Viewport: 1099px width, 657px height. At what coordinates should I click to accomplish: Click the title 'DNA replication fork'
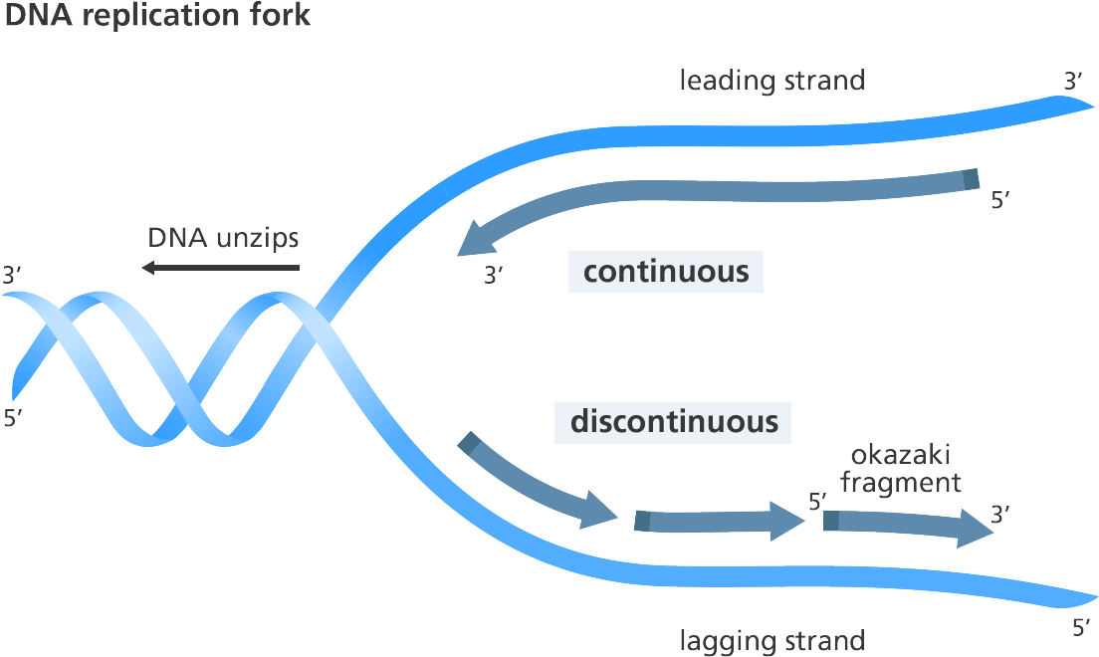coord(157,15)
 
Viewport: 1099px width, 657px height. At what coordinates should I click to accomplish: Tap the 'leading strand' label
coord(772,80)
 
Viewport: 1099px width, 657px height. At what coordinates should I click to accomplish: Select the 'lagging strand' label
coord(772,641)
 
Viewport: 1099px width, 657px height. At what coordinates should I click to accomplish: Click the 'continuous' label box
coord(665,272)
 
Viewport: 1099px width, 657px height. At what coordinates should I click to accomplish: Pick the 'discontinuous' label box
coord(673,422)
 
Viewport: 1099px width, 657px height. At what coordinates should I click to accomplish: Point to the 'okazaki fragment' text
coord(901,469)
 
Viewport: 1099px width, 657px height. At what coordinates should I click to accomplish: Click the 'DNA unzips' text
coord(223,238)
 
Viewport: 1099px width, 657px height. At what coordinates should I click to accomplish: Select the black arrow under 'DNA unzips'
coord(221,267)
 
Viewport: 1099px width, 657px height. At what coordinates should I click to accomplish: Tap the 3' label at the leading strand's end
coord(1073,82)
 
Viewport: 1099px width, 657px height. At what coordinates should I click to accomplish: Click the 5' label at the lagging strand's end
coord(1081,627)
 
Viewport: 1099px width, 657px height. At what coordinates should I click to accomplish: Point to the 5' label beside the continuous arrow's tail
coord(1000,200)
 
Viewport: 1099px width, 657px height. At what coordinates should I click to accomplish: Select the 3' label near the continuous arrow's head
coord(494,275)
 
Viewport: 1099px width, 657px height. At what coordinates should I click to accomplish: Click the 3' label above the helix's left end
coord(13,275)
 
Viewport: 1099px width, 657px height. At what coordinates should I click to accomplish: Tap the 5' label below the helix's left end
coord(13,418)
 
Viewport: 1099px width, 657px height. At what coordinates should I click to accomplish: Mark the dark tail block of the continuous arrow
coord(971,179)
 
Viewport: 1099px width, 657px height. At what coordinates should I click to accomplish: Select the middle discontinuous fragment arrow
coord(719,521)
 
